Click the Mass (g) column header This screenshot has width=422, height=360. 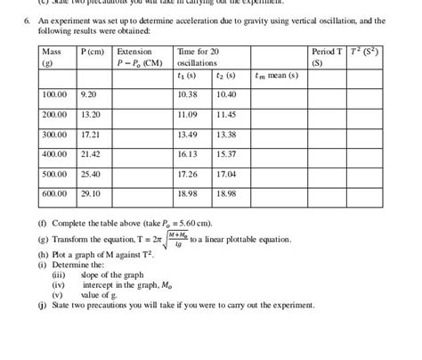click(53, 58)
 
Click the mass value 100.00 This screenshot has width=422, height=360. click(55, 94)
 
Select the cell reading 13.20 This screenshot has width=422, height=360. click(90, 115)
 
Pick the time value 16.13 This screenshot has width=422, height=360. click(187, 154)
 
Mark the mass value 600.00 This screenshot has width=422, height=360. click(55, 192)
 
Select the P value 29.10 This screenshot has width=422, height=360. click(90, 192)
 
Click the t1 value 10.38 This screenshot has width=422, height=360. click(187, 94)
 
